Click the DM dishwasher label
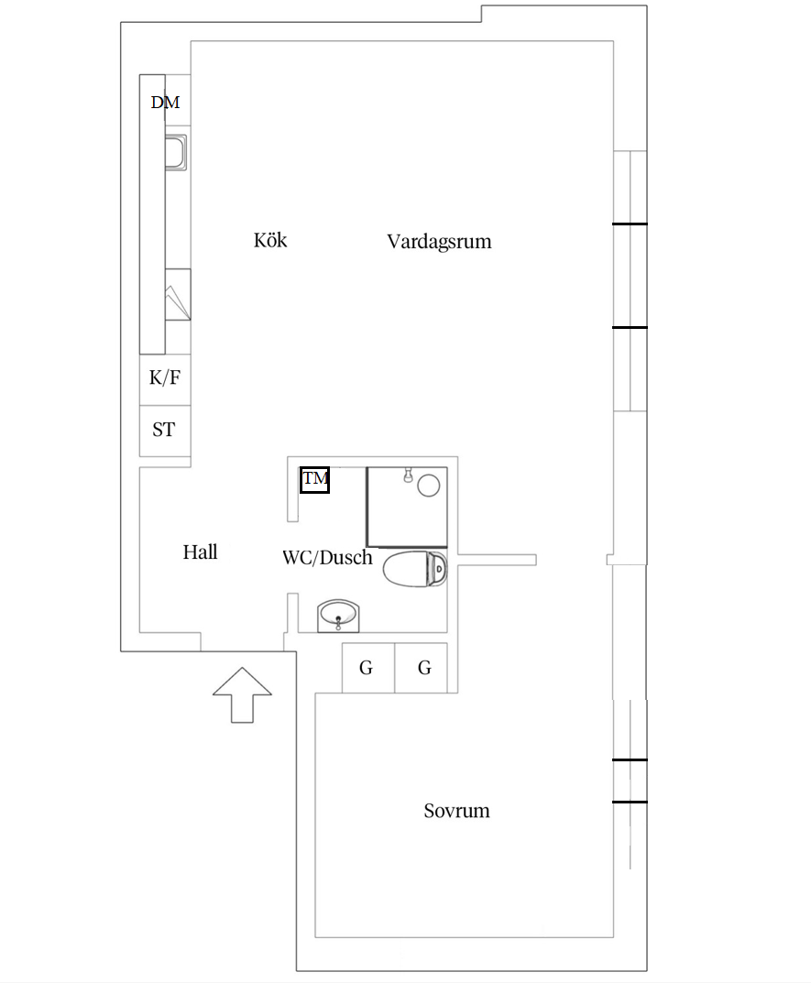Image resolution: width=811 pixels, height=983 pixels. (x=165, y=103)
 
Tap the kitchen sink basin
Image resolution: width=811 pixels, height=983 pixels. (x=175, y=152)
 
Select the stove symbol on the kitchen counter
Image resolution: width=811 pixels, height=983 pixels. (x=177, y=295)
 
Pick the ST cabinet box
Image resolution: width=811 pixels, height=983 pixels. (x=165, y=430)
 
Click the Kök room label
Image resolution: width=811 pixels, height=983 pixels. (x=270, y=241)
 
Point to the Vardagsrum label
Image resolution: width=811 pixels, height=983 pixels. (x=439, y=242)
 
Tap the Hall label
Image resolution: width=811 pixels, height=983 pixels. (x=200, y=552)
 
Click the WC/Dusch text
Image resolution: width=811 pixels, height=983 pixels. (x=327, y=557)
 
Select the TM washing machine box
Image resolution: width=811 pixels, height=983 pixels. (x=314, y=479)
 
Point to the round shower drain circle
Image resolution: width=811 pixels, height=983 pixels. (x=429, y=486)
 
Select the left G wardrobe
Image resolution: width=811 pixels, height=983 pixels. (x=367, y=668)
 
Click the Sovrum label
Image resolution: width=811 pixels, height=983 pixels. (x=456, y=811)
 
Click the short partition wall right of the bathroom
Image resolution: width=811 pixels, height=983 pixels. (x=498, y=560)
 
